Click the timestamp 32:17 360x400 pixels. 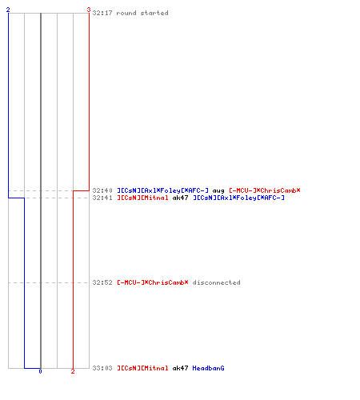102,13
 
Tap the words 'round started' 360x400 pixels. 142,13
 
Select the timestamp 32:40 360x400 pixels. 102,190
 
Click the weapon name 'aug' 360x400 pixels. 218,191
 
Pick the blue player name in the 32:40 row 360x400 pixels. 163,190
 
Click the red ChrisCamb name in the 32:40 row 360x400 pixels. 265,190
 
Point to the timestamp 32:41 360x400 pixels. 102,198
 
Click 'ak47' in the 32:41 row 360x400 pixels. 180,198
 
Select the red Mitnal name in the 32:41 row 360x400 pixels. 142,198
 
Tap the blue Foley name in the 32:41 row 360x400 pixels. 238,198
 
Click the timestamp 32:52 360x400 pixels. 102,282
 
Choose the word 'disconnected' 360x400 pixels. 216,282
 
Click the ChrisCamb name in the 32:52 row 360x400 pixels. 153,282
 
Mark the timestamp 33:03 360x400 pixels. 102,368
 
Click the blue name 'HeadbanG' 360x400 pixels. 208,368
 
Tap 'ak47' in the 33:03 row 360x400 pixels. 180,368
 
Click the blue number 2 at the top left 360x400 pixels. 8,10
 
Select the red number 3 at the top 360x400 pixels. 89,10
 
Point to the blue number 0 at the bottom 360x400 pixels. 40,371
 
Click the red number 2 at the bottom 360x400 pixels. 73,371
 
